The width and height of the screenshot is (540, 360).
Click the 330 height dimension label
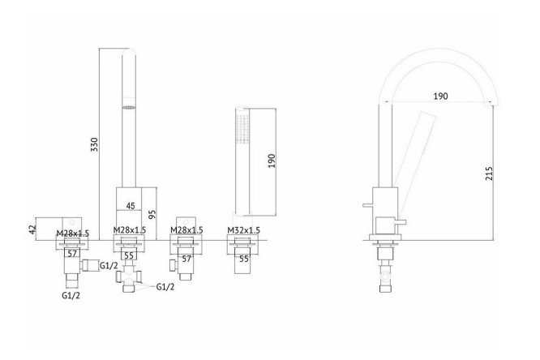[94, 144]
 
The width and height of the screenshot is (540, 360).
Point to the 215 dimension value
[489, 174]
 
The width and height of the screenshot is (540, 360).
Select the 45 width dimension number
[131, 206]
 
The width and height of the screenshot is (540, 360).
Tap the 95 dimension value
[152, 214]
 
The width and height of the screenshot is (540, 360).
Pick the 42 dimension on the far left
[32, 229]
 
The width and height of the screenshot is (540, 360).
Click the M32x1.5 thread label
[243, 230]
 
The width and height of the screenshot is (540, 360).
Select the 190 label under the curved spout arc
[440, 96]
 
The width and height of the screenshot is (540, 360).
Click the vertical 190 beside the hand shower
[272, 161]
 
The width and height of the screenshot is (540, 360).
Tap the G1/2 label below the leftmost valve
[71, 295]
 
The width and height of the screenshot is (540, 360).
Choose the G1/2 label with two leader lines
[165, 287]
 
